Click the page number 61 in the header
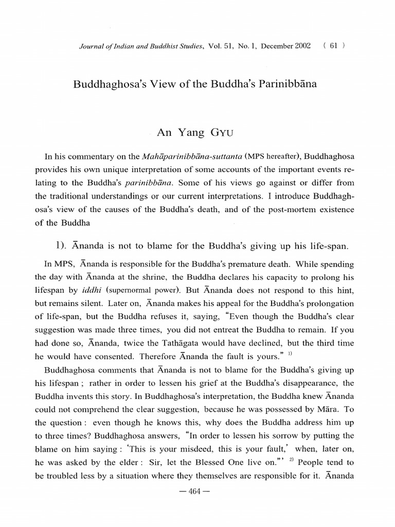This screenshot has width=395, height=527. pyautogui.click(x=333, y=45)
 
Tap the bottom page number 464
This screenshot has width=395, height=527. pyautogui.click(x=197, y=491)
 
